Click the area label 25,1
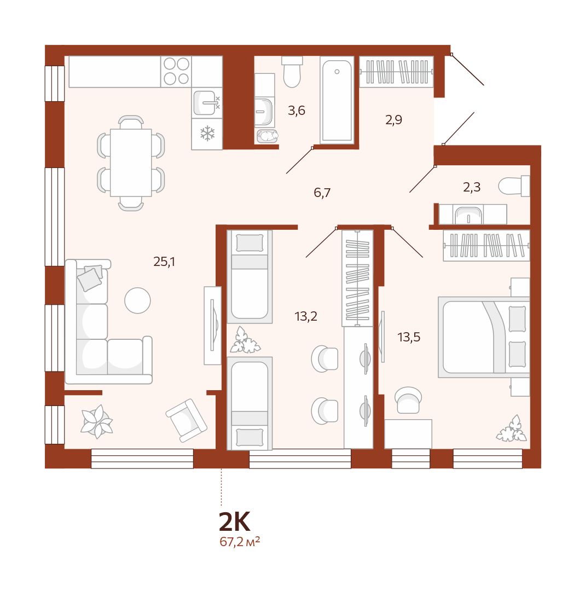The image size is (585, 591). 164,261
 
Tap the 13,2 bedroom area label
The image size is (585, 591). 306,316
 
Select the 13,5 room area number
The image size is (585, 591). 409,337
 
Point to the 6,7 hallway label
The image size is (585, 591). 322,193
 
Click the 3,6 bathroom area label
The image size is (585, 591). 296,111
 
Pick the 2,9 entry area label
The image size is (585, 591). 393,120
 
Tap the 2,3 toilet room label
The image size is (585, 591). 472,187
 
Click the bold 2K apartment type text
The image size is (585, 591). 234,522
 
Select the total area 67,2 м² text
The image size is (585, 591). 240,542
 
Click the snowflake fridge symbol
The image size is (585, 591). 207,134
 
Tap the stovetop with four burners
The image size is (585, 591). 176,72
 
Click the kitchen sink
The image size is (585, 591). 205,103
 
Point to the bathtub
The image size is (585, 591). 337,100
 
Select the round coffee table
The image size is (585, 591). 137,300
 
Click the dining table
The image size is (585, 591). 131,163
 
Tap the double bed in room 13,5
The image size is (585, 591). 484,337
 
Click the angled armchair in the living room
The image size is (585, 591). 186,420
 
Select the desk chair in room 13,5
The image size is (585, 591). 408,400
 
